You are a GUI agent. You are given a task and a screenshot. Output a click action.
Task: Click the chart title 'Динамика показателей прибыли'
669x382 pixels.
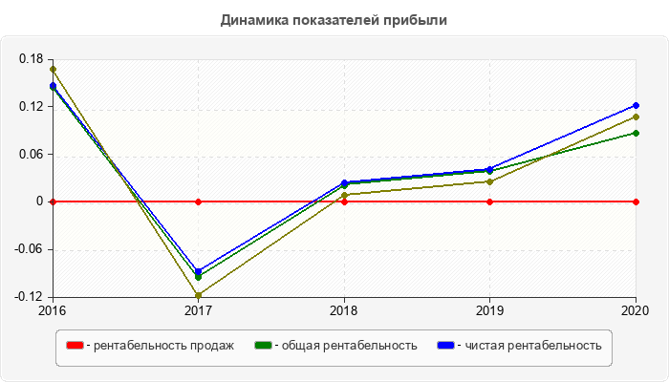click(334, 19)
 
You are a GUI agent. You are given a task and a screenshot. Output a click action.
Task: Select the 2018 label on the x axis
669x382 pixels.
click(344, 310)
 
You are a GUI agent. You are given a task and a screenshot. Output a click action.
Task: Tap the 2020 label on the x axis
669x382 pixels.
click(635, 310)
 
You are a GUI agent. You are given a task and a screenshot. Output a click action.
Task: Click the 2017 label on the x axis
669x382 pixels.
click(198, 310)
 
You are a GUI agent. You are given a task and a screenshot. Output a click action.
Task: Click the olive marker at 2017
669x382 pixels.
click(198, 295)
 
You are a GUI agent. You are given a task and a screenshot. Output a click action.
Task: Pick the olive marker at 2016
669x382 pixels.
click(53, 69)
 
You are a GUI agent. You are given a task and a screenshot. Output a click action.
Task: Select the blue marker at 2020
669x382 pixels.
click(636, 105)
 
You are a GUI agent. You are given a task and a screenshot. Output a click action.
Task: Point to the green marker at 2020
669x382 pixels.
click(636, 133)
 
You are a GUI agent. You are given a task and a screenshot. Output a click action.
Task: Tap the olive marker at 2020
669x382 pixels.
click(636, 117)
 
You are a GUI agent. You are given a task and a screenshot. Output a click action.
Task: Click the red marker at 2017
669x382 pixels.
click(198, 202)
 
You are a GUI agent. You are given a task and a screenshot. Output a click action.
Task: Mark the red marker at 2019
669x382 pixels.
click(489, 202)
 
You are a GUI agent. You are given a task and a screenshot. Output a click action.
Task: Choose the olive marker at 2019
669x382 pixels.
click(489, 181)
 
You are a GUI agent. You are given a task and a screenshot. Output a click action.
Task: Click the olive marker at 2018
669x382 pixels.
click(344, 195)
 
